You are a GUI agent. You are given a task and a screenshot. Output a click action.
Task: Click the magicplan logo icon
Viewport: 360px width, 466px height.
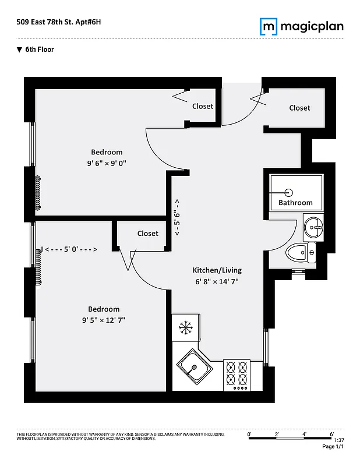click(268, 26)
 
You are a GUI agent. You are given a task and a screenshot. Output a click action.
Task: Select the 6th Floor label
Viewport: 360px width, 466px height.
click(39, 50)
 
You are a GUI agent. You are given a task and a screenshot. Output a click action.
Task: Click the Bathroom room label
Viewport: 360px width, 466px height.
click(295, 203)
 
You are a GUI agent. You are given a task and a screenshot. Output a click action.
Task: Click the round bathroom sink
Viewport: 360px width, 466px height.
click(313, 226)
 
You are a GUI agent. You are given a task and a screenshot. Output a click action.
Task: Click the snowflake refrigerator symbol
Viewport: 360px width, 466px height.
click(186, 328)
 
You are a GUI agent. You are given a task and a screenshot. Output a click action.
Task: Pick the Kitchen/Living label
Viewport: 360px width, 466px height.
click(217, 270)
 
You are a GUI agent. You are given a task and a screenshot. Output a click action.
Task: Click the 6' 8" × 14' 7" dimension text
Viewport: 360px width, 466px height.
click(217, 281)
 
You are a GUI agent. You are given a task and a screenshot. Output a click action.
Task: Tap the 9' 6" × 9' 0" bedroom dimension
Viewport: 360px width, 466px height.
click(107, 163)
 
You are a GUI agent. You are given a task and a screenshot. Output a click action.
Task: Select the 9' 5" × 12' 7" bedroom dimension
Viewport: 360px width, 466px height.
click(104, 320)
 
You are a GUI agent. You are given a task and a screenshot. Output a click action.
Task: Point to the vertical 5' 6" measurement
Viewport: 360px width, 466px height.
click(177, 217)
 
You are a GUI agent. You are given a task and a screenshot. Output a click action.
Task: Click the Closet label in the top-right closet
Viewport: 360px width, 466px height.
click(299, 108)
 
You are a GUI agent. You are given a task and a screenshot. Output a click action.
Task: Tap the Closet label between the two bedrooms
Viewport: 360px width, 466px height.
click(147, 234)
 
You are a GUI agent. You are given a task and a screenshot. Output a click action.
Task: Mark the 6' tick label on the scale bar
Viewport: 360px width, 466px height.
click(332, 433)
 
